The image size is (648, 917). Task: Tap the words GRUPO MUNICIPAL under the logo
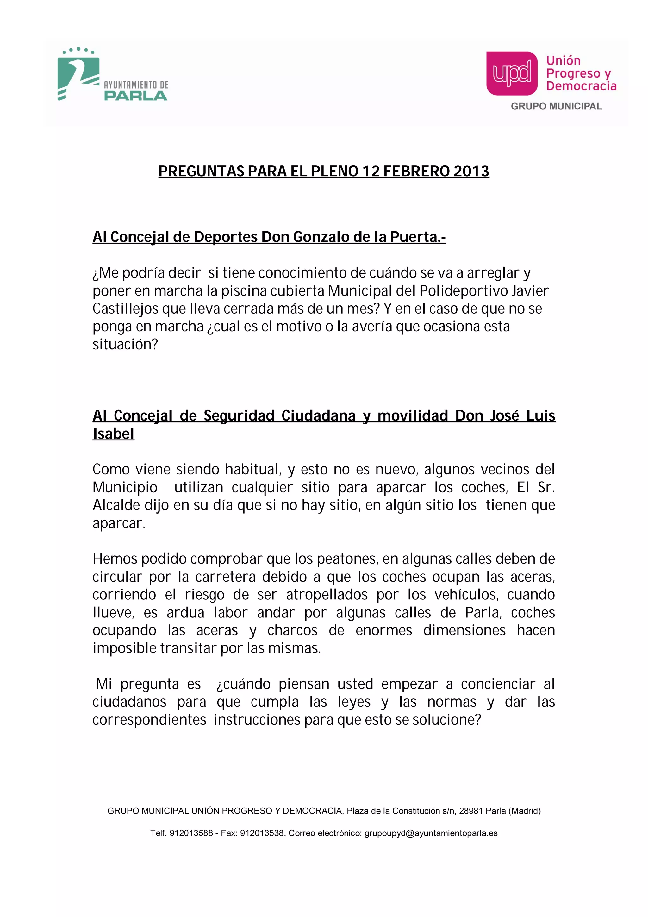[556, 106]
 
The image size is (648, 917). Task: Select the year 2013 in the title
[471, 171]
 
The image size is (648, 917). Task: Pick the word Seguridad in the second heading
[239, 416]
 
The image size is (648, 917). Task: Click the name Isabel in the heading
[113, 434]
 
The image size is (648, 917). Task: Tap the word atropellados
[327, 595]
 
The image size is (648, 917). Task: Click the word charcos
[292, 630]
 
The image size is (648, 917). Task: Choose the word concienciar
[498, 684]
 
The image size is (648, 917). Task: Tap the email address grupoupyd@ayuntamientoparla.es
[431, 833]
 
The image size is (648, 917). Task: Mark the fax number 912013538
[262, 833]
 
